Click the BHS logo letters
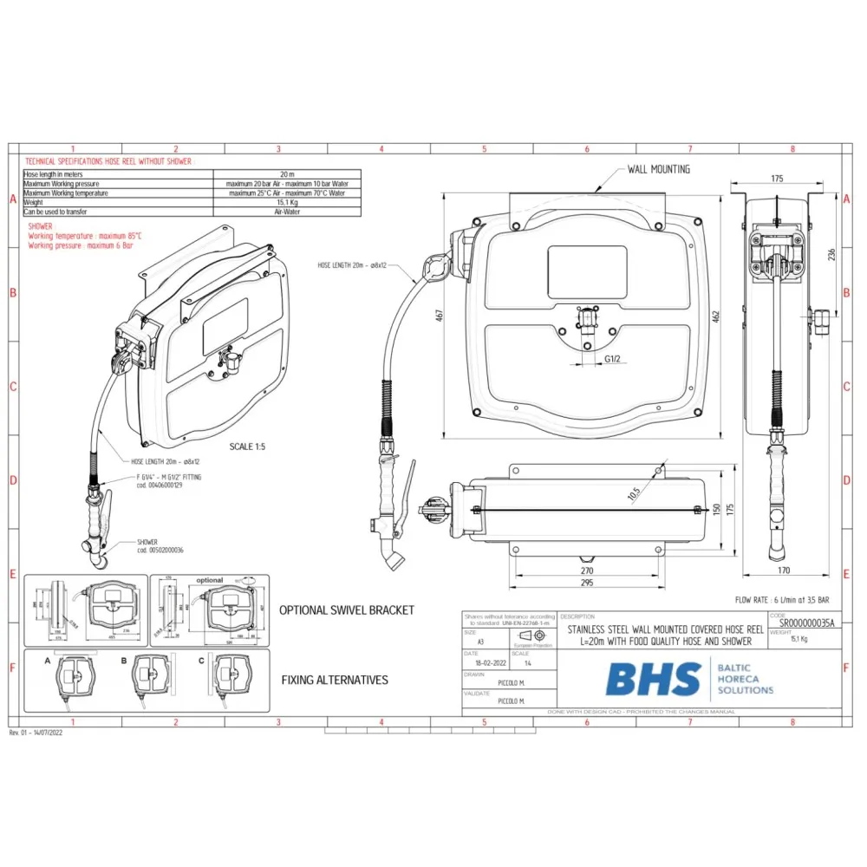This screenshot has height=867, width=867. pyautogui.click(x=653, y=679)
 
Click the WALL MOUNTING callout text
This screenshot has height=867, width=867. pyautogui.click(x=659, y=169)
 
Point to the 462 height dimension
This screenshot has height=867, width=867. pyautogui.click(x=716, y=316)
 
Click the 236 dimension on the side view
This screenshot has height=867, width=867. pyautogui.click(x=831, y=254)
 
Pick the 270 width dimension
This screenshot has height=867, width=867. pyautogui.click(x=587, y=571)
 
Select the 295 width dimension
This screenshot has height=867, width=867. pyautogui.click(x=587, y=583)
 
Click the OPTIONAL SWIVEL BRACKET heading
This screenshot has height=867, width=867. pyautogui.click(x=346, y=610)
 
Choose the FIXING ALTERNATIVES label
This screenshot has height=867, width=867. pyautogui.click(x=335, y=680)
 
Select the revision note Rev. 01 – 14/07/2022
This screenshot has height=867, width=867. pyautogui.click(x=36, y=733)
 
